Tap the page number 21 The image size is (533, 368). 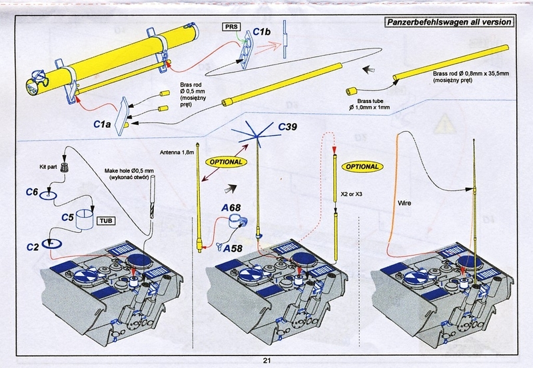(266, 361)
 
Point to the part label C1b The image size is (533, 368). (264, 32)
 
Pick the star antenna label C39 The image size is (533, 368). (290, 127)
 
